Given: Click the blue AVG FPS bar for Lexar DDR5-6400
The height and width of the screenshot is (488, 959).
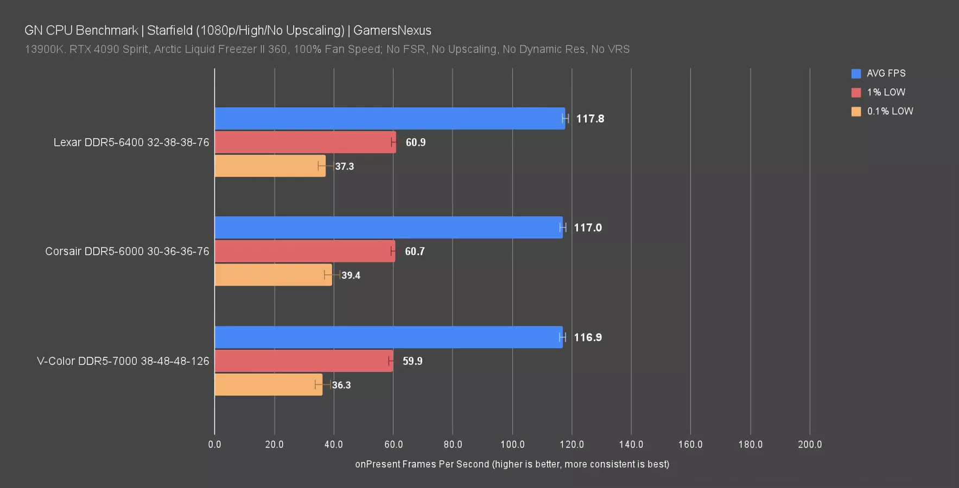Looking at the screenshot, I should (x=390, y=118).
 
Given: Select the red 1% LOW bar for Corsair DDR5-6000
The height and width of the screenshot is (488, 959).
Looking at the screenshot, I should (x=304, y=251).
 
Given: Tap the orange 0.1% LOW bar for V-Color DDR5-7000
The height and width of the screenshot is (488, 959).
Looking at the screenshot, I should (x=268, y=384).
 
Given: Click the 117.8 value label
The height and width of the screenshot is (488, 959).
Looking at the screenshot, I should (x=590, y=119).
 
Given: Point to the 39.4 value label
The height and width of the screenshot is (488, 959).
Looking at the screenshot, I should (x=351, y=275).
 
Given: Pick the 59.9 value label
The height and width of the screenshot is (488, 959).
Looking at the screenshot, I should (x=412, y=361).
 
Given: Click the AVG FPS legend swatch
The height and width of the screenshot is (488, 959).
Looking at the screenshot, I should (x=856, y=74).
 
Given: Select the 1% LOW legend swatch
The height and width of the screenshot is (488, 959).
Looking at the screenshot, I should (x=856, y=93).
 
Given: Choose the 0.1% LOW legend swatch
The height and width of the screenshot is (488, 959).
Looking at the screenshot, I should (x=856, y=112).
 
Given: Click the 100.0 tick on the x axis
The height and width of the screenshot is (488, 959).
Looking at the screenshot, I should (x=512, y=445).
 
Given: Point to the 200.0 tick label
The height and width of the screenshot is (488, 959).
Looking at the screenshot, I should (x=810, y=445).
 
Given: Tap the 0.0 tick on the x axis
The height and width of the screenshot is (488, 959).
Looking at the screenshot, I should (x=214, y=445).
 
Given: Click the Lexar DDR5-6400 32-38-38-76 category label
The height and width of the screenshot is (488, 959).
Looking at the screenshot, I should (x=131, y=143).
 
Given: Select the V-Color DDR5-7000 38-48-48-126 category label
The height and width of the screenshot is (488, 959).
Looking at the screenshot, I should (x=123, y=361).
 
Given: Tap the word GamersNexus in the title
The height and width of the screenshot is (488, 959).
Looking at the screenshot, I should (x=392, y=30).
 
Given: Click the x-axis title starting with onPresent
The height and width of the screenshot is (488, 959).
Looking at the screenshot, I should (x=512, y=464).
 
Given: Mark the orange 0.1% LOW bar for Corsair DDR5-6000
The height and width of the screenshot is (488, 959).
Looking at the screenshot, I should (x=273, y=275).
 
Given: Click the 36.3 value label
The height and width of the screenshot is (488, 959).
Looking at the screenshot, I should (x=341, y=385).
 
